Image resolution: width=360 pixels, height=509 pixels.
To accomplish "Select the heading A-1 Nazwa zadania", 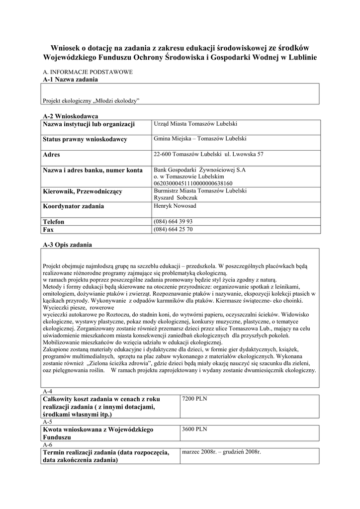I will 70,79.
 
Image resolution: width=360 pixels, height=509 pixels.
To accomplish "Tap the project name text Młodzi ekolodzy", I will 91,100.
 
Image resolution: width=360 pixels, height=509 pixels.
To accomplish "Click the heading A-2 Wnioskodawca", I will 70,115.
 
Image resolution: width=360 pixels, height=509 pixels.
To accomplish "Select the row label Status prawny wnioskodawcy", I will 85,139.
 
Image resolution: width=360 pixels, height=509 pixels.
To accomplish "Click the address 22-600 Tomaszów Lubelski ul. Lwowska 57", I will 209,154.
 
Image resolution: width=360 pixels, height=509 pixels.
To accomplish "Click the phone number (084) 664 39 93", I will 174,221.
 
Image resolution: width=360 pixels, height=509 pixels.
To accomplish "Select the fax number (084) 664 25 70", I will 174,229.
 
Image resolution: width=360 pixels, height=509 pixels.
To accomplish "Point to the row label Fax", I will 48,230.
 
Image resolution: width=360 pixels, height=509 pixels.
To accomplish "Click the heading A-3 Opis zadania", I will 67,245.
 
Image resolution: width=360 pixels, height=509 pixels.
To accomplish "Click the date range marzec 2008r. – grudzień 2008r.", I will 221,452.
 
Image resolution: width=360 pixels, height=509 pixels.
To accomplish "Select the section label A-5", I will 48,422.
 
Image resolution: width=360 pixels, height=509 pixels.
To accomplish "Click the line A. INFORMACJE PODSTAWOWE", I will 88,72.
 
